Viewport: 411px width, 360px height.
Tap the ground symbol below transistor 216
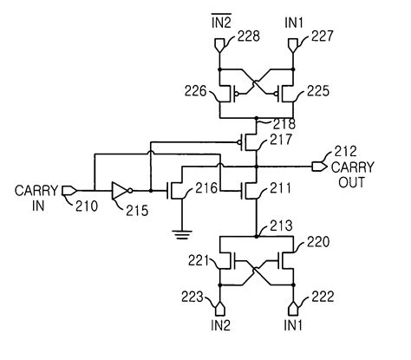pos(179,232)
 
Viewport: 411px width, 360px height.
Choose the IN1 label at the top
pos(293,18)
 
